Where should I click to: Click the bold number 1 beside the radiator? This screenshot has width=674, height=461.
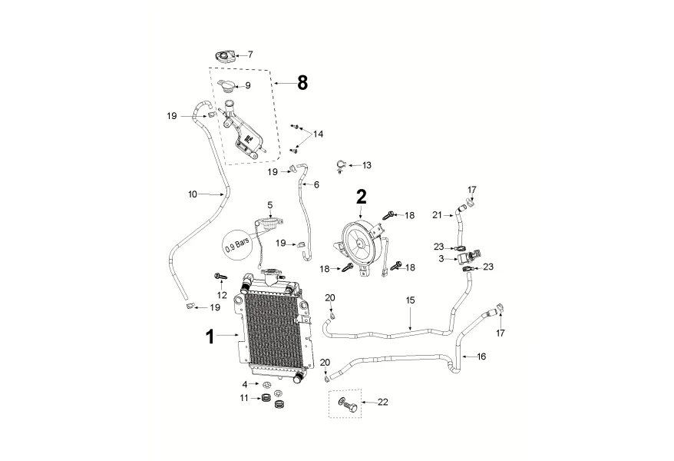click(x=210, y=337)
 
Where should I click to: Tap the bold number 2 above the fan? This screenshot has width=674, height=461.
click(x=361, y=196)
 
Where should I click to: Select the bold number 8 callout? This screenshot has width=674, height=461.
click(x=302, y=82)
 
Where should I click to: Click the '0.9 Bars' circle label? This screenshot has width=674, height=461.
click(x=238, y=245)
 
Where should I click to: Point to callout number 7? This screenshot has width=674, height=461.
click(x=249, y=55)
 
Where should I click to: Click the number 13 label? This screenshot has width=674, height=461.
click(x=366, y=165)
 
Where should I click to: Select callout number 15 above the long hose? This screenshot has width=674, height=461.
click(x=410, y=300)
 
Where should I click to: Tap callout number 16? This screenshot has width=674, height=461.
click(x=481, y=357)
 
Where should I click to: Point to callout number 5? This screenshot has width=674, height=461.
click(x=270, y=205)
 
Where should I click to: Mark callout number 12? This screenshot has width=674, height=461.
click(x=223, y=296)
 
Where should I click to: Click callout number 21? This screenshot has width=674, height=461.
click(x=437, y=215)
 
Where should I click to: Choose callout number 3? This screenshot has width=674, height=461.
click(x=441, y=260)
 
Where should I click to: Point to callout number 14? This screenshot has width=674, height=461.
click(x=317, y=134)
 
